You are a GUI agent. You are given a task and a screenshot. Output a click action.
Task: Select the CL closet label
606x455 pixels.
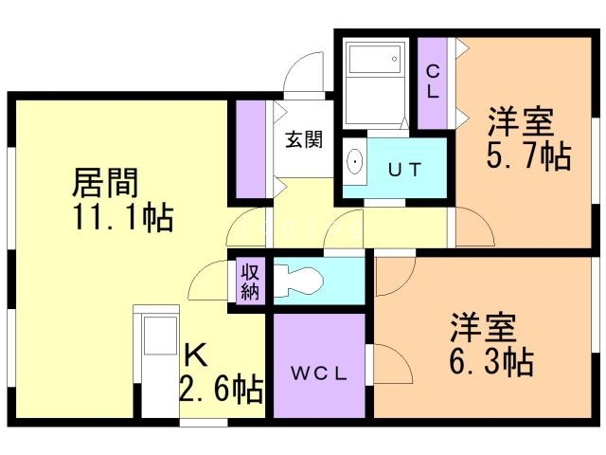point(432,82)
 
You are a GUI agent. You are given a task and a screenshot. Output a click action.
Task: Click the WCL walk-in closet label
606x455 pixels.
point(319,373)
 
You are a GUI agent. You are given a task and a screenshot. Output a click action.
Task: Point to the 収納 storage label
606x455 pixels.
point(250,282)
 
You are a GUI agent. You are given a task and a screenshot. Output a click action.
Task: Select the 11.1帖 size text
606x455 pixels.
point(119,218)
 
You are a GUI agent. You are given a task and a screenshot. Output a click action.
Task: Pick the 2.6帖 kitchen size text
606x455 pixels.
point(222,389)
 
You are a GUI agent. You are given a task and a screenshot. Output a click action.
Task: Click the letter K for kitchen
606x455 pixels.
point(194,355)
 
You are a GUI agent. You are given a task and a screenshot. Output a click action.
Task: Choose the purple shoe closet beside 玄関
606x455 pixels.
point(252,150)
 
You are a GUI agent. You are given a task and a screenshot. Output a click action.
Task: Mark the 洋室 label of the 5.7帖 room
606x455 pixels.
point(521,123)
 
